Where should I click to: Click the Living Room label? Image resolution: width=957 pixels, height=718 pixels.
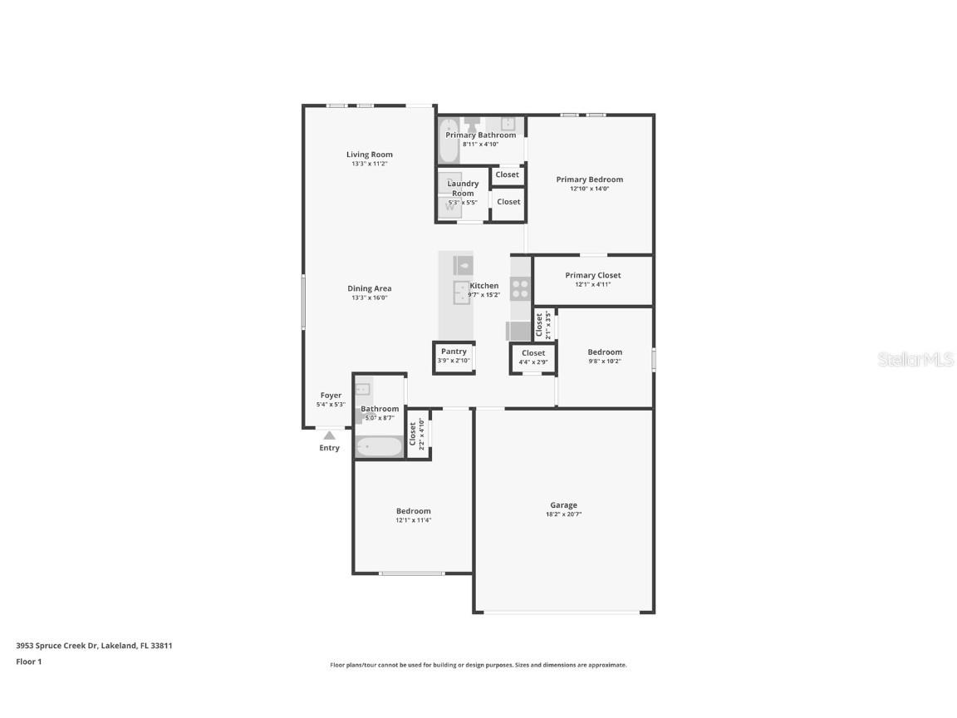tap(369, 155)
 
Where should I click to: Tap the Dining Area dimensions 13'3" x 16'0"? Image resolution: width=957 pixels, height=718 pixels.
tap(369, 298)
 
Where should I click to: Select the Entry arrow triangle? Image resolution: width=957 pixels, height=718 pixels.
tap(329, 435)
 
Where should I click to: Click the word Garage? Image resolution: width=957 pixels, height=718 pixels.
tap(563, 505)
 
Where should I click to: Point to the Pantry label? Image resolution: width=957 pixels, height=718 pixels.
tap(454, 352)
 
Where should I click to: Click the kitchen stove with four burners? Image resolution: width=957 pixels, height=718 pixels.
tap(520, 288)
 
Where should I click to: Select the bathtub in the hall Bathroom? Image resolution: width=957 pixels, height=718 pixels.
tap(379, 447)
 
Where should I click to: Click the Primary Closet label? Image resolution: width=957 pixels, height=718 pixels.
tap(592, 275)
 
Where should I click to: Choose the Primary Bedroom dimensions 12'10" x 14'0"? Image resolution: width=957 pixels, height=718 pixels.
tap(589, 189)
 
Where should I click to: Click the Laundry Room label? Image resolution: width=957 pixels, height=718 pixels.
tap(463, 188)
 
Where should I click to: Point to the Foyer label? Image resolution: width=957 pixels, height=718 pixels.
tap(331, 396)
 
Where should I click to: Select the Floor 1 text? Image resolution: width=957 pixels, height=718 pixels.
tap(28, 661)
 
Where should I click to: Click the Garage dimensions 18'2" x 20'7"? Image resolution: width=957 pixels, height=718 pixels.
tap(563, 514)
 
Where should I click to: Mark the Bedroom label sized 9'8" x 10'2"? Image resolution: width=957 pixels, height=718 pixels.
tap(605, 352)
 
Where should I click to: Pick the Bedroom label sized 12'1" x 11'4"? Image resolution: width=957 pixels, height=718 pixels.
tap(413, 511)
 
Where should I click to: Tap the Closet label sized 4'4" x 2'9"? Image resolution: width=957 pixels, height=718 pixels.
tap(533, 353)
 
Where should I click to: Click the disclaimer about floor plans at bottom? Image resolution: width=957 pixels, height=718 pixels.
tap(478, 665)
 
